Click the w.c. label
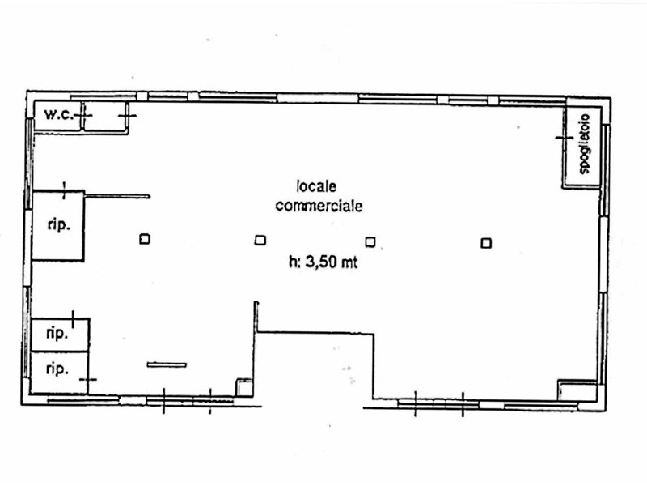click(58, 115)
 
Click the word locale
click(317, 186)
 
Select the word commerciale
click(319, 206)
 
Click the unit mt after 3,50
click(350, 262)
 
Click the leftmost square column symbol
click(144, 239)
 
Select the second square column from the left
click(260, 240)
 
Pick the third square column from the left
click(370, 241)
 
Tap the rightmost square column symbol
click(486, 241)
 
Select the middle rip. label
click(56, 333)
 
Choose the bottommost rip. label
click(56, 369)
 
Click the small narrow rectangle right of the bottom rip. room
click(167, 364)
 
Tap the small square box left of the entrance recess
click(243, 387)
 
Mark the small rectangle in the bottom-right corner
click(577, 390)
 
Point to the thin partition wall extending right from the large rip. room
click(117, 195)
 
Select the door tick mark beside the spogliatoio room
click(563, 138)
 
